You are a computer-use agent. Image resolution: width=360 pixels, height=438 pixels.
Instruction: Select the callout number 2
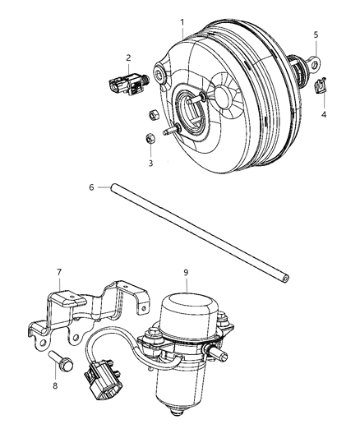pos(128,57)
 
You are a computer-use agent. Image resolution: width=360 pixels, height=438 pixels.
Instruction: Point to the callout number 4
pos(323,114)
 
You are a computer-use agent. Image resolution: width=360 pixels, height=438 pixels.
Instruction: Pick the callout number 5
pos(316,35)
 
